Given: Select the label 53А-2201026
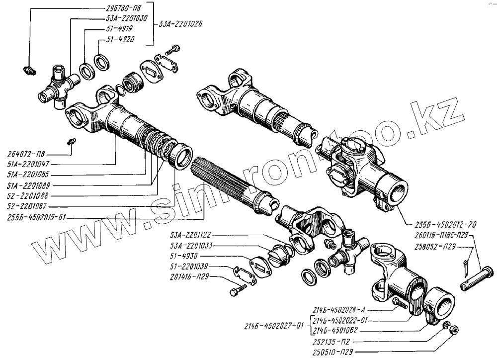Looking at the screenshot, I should coord(181,23).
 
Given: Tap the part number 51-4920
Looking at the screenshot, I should coord(119,39).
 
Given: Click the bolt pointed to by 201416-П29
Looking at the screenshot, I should coord(238,290).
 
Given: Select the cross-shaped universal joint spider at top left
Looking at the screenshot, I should coord(59,85).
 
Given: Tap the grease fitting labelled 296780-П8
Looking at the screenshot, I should coord(30,71).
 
